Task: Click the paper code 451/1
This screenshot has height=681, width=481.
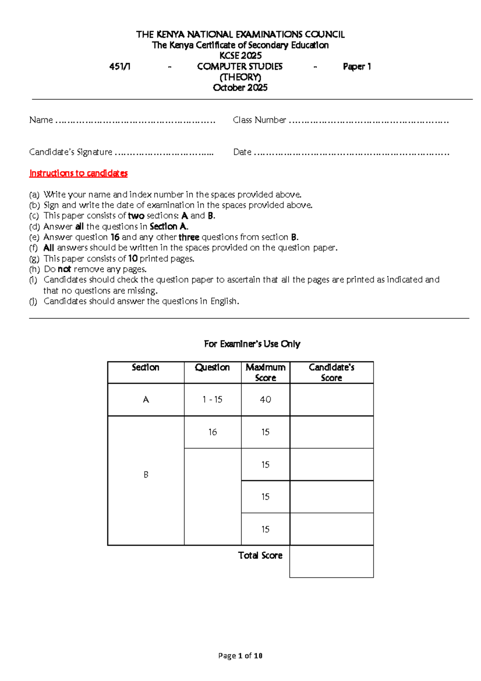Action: pos(120,67)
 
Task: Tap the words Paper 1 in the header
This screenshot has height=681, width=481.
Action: pos(357,67)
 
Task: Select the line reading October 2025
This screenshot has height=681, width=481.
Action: pos(240,88)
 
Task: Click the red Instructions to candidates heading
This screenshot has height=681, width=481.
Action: pos(79,173)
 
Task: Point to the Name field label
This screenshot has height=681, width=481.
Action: pos(41,120)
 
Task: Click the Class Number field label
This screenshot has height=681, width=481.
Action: pos(259,120)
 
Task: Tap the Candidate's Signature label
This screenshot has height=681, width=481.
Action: pos(71,152)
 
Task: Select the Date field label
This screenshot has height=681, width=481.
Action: pos(242,152)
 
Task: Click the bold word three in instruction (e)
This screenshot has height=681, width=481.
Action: pos(189,237)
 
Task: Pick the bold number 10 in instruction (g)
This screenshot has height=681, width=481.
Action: pos(133,259)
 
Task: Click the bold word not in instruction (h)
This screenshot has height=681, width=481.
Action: pos(64,269)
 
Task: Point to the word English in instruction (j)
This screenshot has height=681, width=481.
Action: pos(224,301)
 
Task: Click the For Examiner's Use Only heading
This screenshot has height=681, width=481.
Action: pos(252,344)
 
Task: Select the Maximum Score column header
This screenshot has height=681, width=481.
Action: pos(265,372)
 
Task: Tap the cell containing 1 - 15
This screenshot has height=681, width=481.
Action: pos(212,399)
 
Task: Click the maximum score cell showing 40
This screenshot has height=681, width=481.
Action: pos(265,399)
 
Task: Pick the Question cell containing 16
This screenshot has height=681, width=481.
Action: pos(212,432)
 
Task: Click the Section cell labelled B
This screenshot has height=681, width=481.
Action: pos(146,475)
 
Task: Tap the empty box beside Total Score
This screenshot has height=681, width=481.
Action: pos(331,561)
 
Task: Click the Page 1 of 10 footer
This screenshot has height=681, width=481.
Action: pos(240,656)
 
